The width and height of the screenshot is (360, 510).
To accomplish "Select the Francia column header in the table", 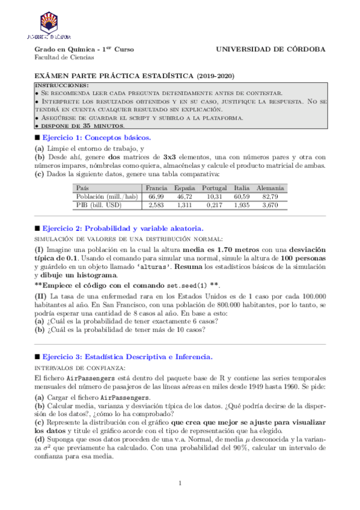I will pyautogui.click(x=156, y=188).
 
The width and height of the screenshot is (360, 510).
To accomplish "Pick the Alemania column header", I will pyautogui.click(x=270, y=188).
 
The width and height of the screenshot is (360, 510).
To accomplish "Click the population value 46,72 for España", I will pyautogui.click(x=185, y=197).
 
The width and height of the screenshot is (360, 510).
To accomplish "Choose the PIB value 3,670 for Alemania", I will pyautogui.click(x=270, y=205).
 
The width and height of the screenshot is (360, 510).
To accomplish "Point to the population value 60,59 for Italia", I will pyautogui.click(x=242, y=197).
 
